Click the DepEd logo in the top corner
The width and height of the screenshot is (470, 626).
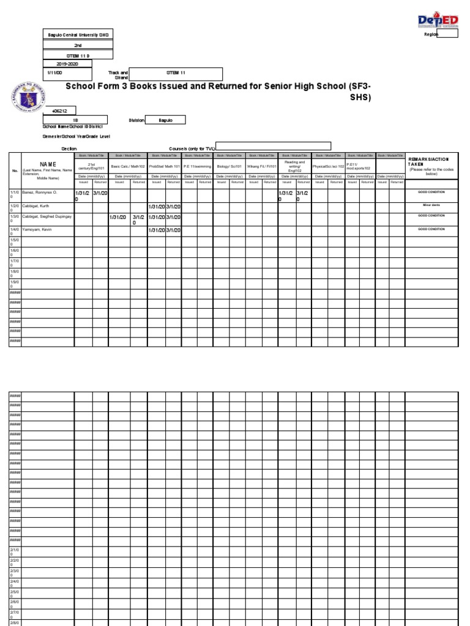(x=438, y=22)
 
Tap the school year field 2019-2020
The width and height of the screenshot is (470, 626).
(x=67, y=63)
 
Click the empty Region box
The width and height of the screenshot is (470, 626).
(x=447, y=34)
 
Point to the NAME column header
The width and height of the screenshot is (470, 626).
(x=48, y=164)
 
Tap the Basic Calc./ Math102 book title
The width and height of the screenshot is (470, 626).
(x=128, y=166)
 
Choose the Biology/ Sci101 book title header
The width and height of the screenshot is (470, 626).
(x=229, y=166)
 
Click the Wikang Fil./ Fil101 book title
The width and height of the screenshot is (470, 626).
(x=262, y=166)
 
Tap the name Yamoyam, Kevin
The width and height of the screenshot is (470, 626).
(x=37, y=229)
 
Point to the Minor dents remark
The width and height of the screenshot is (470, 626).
(x=431, y=205)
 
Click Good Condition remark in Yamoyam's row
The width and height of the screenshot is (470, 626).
(x=431, y=229)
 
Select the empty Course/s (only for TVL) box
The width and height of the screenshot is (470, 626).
(x=274, y=146)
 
